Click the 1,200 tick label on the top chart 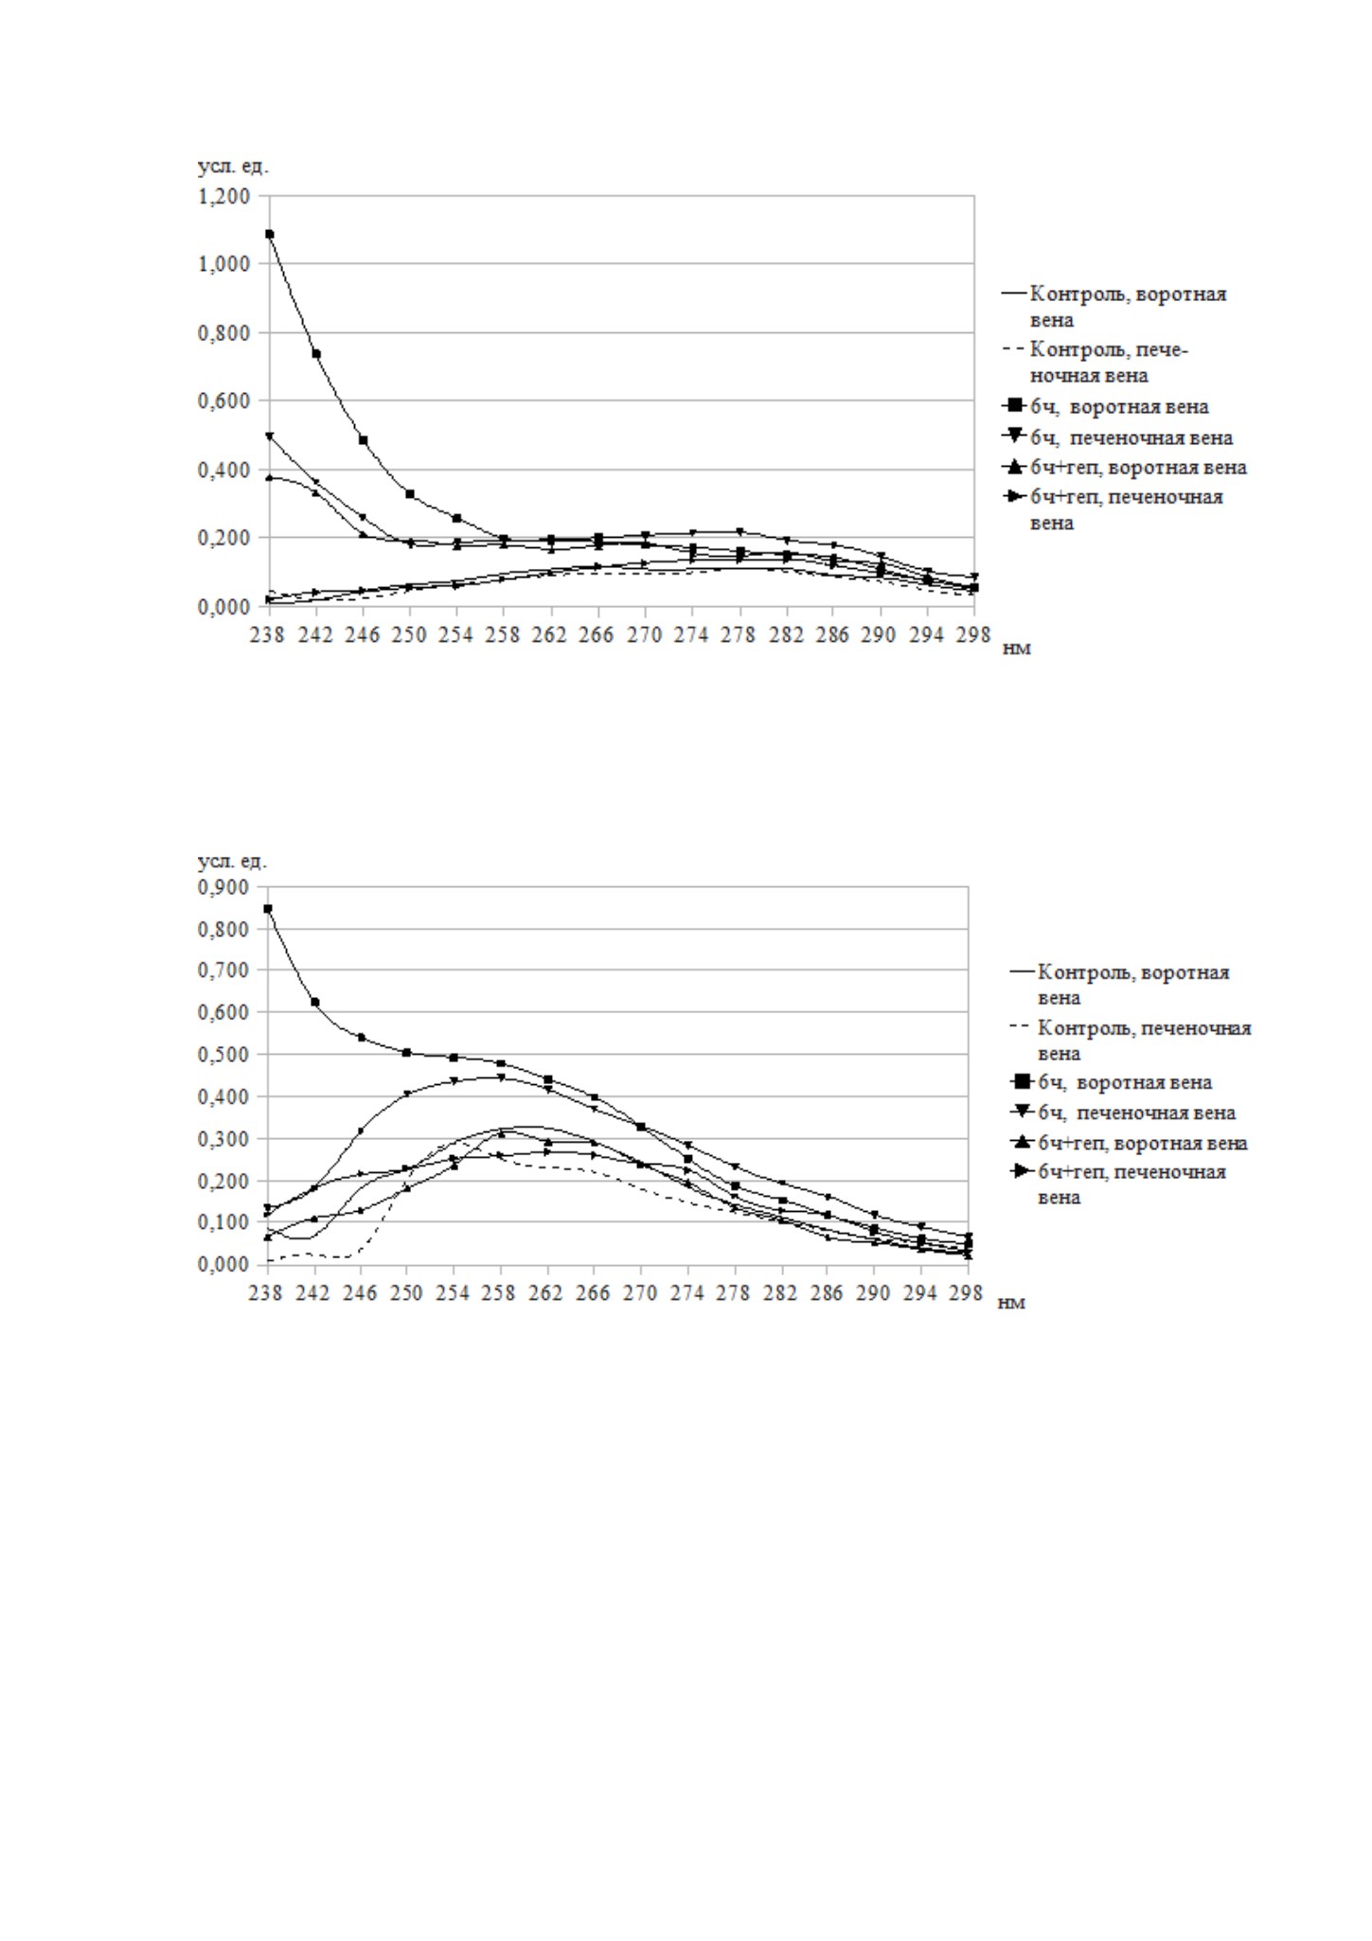tap(223, 196)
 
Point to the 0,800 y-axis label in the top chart tap(223, 333)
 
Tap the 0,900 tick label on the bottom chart tap(223, 887)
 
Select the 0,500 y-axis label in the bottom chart tap(223, 1054)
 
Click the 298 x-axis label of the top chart tap(973, 634)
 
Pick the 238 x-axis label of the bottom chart tap(267, 1292)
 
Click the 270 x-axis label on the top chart tap(644, 634)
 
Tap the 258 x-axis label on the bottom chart tap(500, 1292)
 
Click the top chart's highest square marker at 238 tap(270, 234)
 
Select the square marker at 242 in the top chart tap(316, 354)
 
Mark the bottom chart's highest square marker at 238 tap(268, 909)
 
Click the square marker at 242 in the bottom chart tap(314, 1002)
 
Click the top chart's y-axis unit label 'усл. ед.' tap(233, 167)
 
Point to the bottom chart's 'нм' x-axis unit tap(1012, 1303)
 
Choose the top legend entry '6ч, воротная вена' tap(1119, 407)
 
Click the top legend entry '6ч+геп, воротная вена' tap(1138, 468)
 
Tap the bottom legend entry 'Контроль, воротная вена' tap(1132, 985)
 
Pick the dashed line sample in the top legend tap(1013, 350)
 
